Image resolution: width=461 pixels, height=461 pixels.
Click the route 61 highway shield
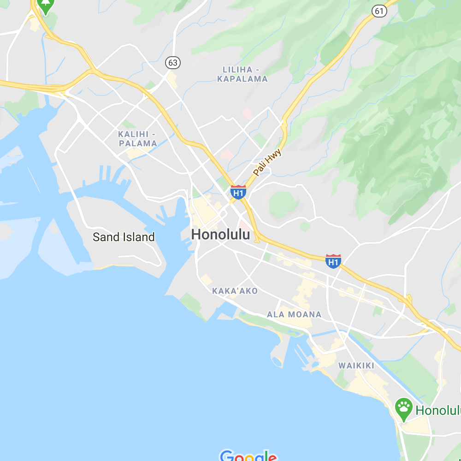[379, 11]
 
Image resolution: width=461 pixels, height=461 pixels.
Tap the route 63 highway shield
[173, 63]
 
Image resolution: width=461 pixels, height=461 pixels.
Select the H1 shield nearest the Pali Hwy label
[238, 192]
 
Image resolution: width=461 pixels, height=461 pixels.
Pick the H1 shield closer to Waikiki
[333, 261]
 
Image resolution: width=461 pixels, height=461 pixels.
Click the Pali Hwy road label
[267, 162]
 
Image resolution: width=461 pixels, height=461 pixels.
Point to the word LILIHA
[237, 70]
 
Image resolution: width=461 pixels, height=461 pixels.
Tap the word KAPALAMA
[242, 79]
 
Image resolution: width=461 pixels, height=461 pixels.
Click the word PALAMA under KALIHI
[138, 143]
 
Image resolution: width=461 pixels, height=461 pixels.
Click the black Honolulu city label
[220, 235]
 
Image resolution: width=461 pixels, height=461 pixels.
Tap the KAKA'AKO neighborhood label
[235, 291]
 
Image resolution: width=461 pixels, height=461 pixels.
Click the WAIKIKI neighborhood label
[356, 366]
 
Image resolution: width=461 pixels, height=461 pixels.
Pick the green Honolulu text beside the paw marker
[438, 410]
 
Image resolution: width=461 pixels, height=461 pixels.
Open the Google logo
[248, 456]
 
